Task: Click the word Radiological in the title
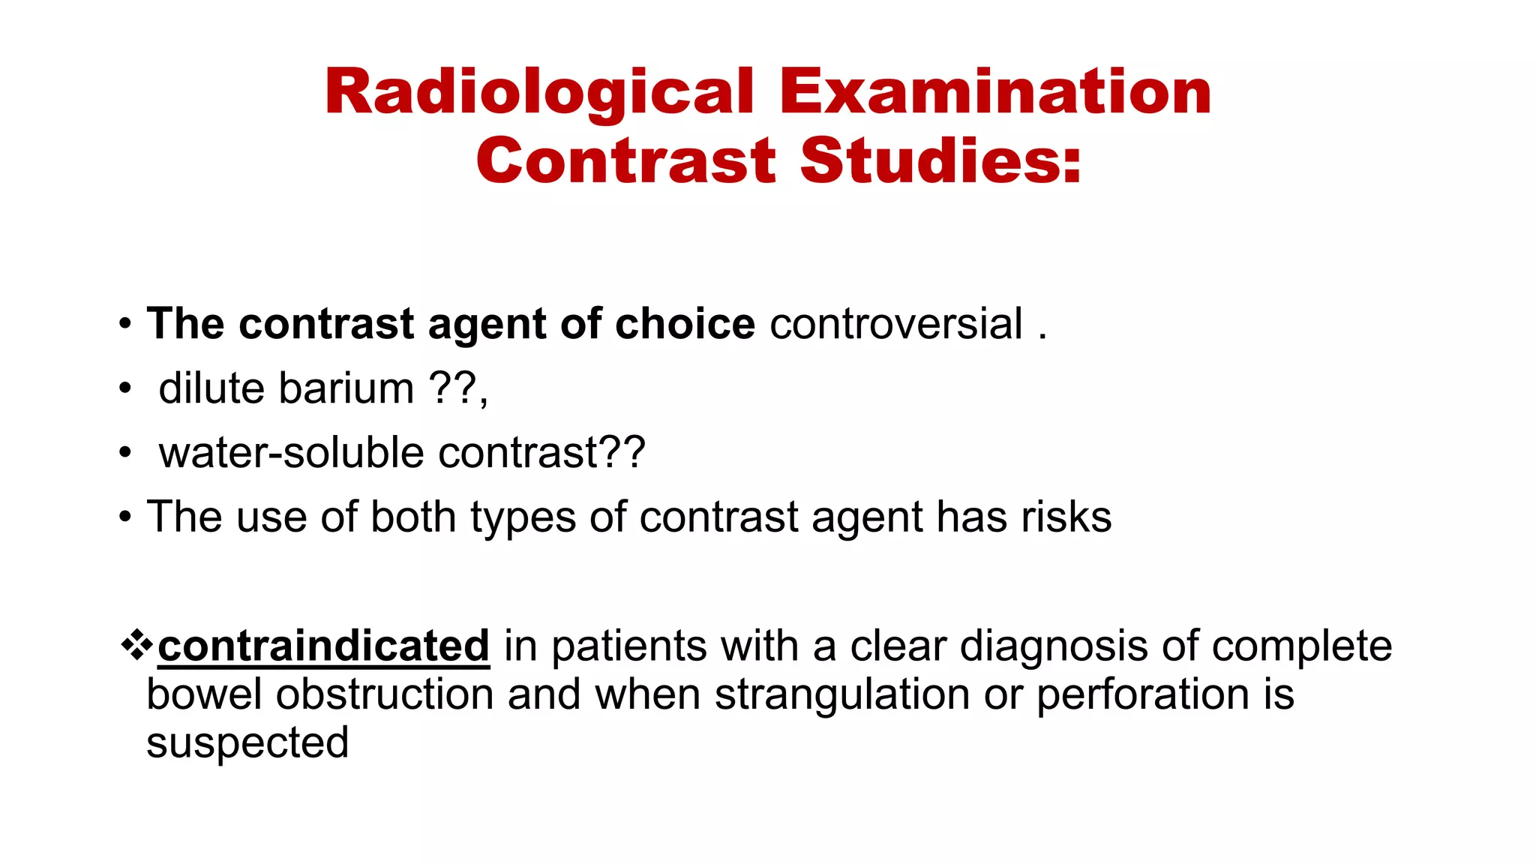click(539, 92)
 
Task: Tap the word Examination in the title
click(995, 92)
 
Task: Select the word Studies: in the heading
click(941, 160)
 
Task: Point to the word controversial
click(896, 324)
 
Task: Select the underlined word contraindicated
click(323, 646)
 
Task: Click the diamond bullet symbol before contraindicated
click(136, 645)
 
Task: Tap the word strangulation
click(842, 694)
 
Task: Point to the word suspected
click(247, 743)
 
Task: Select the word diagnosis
click(1054, 646)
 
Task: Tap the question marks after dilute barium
click(454, 388)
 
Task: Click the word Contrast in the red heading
click(626, 160)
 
